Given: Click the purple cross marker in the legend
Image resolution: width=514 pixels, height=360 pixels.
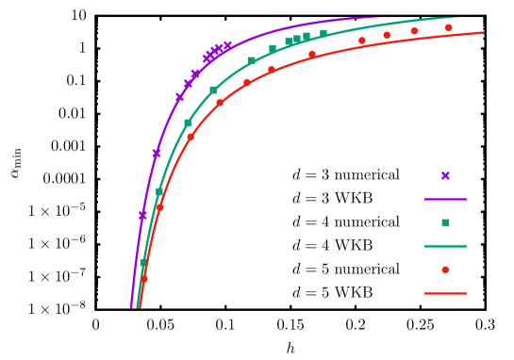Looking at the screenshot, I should pos(445,175).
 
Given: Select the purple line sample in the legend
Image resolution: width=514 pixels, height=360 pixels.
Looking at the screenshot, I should pos(445,199).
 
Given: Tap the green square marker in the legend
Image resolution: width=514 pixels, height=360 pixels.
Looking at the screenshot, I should pos(445,223).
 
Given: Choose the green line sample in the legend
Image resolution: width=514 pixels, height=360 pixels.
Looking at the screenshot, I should pos(445,246).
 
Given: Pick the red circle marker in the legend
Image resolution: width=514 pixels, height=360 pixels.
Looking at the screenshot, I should pos(445,270).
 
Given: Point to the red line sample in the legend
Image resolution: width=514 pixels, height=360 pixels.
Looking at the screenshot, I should pos(445,293).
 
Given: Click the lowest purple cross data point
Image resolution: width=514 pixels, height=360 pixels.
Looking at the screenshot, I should pos(142,215).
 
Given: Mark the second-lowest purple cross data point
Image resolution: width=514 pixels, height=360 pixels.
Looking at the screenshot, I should pos(157,153).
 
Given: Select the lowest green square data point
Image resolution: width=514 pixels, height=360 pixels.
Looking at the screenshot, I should pos(142,263).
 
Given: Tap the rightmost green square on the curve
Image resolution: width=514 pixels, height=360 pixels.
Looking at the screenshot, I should pos(323,34).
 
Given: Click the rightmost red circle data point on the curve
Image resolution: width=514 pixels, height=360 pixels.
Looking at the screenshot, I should pos(448,28).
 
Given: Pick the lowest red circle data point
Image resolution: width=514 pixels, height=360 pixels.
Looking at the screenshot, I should pos(144,279).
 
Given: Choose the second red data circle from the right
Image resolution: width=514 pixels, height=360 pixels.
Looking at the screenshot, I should pos(414,31).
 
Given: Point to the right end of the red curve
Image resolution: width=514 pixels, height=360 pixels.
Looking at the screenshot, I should pos(483,33).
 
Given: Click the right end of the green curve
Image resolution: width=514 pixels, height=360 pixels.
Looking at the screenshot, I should pos(458,17).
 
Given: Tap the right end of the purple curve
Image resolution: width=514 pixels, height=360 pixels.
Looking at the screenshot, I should pos(379,17).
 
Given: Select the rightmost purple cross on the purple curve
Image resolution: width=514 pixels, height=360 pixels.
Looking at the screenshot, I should pos(227,44).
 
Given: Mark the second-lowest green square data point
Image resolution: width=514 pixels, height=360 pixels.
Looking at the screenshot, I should pos(159,191).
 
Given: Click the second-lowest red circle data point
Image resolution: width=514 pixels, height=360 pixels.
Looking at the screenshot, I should pos(160,206).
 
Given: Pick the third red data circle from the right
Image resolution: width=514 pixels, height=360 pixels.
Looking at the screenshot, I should pos(387,35).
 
